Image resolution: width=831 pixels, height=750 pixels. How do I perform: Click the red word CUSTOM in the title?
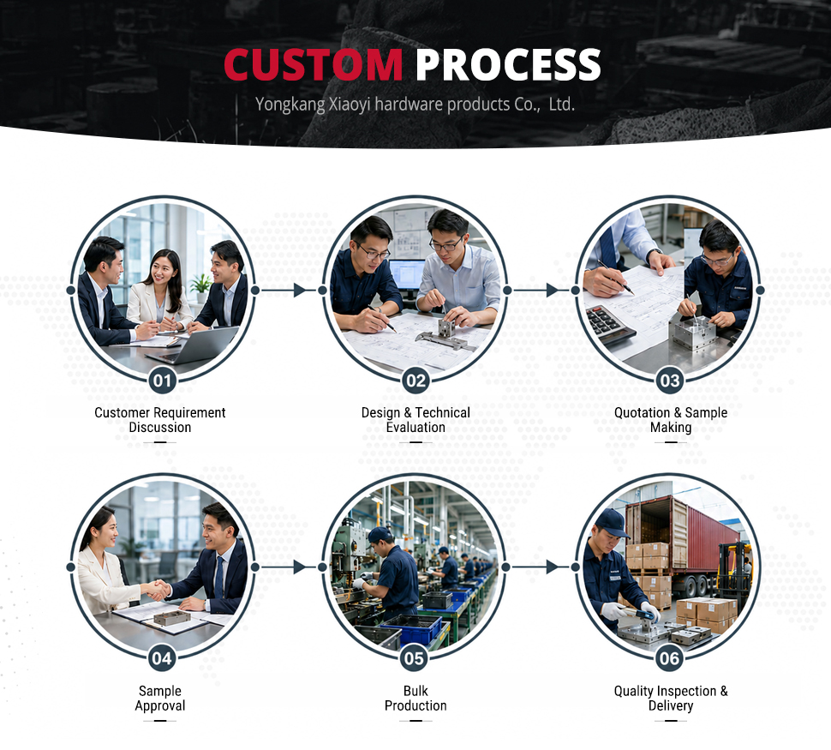coord(314,64)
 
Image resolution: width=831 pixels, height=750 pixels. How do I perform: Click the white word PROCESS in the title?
coord(508,64)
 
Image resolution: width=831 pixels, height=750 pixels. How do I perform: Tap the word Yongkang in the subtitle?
coord(290,105)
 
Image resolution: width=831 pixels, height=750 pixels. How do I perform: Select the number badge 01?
coord(162,381)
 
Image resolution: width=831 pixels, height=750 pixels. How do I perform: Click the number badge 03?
coord(670,381)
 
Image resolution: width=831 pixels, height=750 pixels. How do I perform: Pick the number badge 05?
coord(415,658)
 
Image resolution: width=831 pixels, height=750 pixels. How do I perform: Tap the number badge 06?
coord(669,658)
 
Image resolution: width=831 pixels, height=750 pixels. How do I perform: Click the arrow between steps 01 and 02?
coord(289,290)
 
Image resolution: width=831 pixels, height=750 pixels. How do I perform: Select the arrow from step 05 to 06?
coord(541,567)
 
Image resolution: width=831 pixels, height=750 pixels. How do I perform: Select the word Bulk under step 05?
coord(415,691)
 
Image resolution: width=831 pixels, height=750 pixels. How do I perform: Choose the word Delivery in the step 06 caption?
coord(671,706)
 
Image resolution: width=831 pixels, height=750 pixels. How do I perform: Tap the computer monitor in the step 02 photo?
coord(407,275)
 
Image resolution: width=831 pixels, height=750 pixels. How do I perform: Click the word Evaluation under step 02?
coord(415,428)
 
